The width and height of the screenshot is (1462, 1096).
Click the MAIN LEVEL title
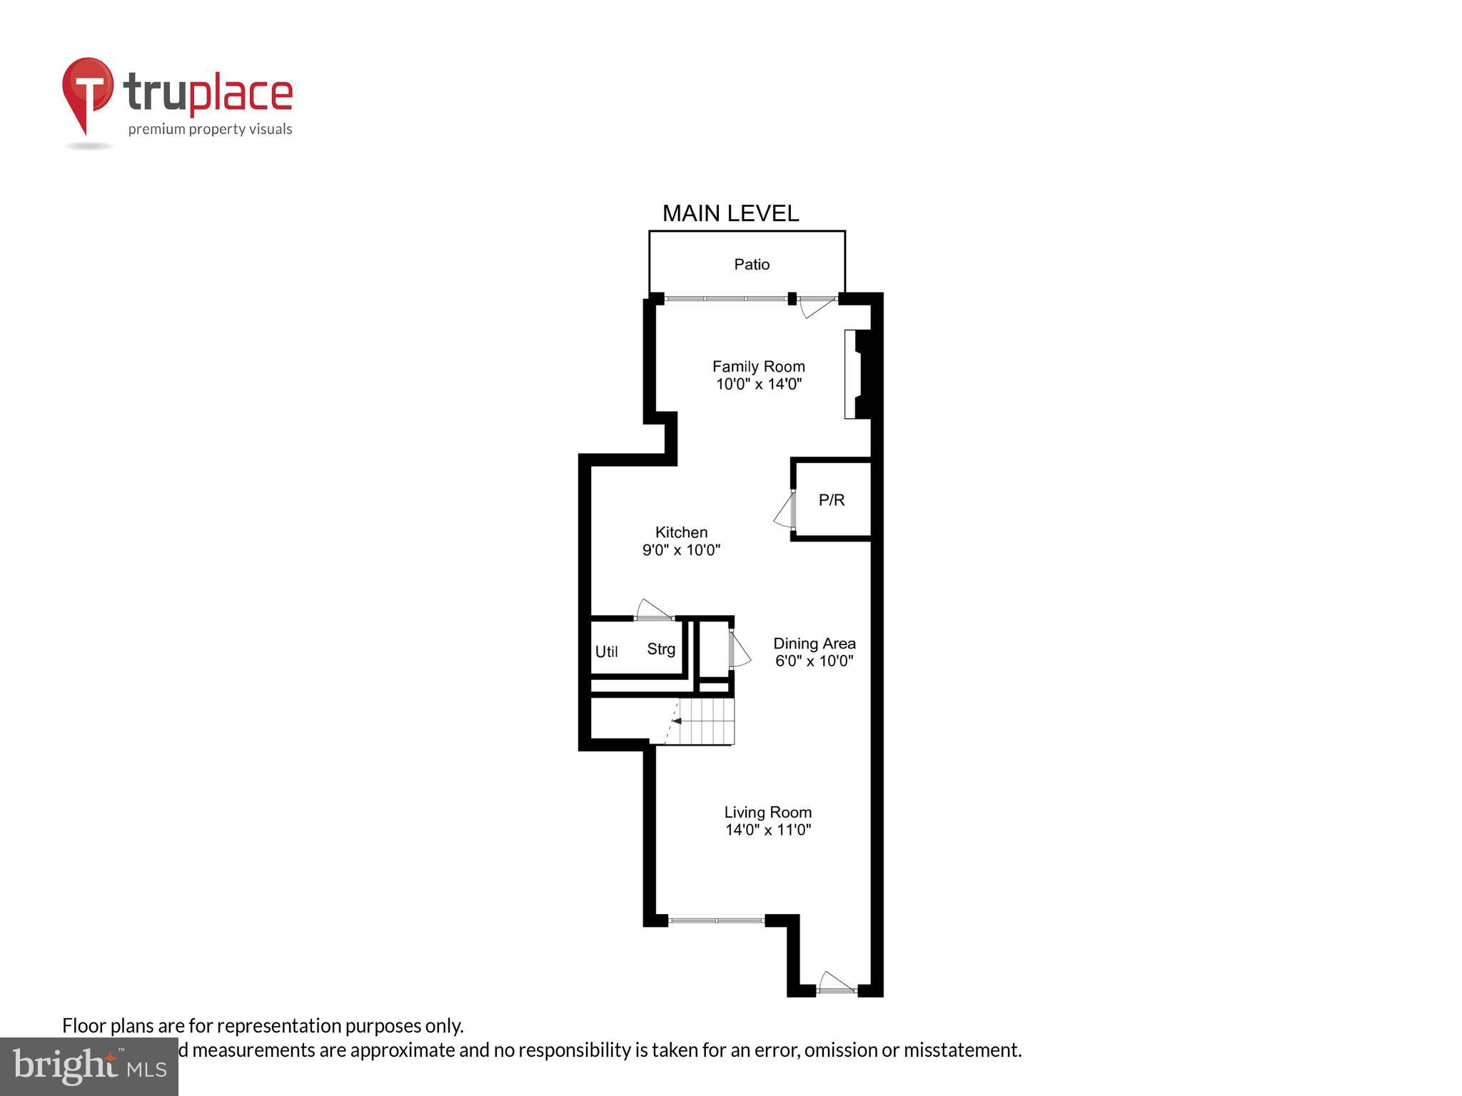tap(730, 213)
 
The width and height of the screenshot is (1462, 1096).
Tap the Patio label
tap(752, 265)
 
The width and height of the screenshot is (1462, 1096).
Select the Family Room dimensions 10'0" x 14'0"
tap(759, 385)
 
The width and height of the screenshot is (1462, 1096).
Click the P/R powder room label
tap(832, 500)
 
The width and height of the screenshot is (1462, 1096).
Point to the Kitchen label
tap(681, 532)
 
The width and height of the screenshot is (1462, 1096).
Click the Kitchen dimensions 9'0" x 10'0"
tap(681, 550)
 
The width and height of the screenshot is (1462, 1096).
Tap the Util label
tap(606, 651)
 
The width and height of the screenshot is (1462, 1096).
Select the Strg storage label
tap(661, 649)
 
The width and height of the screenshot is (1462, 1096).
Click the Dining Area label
tap(814, 644)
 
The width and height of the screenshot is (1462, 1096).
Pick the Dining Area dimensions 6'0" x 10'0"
tap(814, 661)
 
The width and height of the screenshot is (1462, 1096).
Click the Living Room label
tap(767, 812)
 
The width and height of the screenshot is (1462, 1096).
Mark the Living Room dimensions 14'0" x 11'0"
tap(767, 830)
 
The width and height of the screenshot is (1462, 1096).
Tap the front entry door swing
tap(836, 983)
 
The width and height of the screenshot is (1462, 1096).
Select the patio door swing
tap(815, 306)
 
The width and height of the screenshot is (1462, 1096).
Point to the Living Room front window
tap(716, 920)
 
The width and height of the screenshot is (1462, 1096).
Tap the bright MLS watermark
tap(89, 1067)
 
